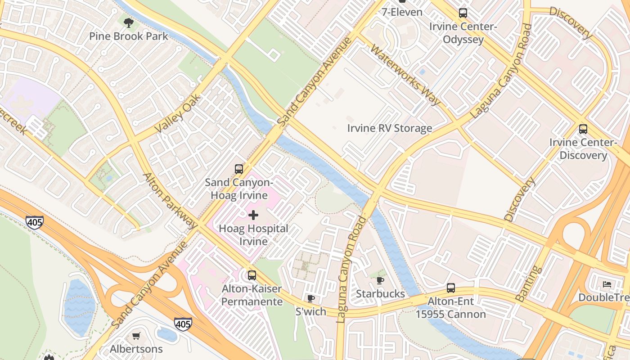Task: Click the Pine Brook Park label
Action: coord(128,36)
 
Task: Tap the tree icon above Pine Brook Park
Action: coord(129,22)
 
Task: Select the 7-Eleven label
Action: coord(402,12)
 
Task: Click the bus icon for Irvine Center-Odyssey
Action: coord(463,13)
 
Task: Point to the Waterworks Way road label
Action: coord(405,75)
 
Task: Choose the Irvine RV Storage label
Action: coord(389,128)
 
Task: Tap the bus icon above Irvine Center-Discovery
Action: coord(583,129)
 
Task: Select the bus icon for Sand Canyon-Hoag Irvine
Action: coord(239,169)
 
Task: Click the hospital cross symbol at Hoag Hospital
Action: coord(253,215)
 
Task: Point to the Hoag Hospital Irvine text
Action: coord(253,235)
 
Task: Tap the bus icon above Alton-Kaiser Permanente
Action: coord(252,275)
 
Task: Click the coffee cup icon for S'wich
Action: coord(310,298)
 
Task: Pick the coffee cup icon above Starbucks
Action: coord(380,281)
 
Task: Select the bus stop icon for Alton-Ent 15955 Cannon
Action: coord(450,288)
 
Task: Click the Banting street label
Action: coord(528,283)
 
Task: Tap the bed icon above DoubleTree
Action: coord(607,284)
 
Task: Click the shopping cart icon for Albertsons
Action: coord(136,336)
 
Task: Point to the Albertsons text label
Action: coord(136,349)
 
